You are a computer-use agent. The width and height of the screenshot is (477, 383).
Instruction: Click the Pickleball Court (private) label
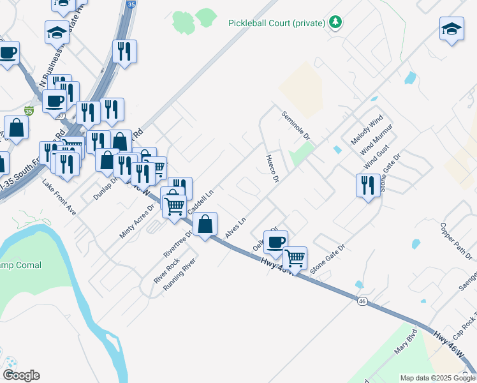[x=277, y=24]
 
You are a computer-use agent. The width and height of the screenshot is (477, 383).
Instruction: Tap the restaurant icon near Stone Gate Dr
[x=367, y=185]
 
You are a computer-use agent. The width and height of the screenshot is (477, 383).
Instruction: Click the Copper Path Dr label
[x=457, y=241]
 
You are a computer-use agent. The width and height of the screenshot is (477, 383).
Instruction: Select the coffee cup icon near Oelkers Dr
[x=275, y=243]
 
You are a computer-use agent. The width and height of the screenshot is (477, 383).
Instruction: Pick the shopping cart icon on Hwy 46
[x=295, y=258]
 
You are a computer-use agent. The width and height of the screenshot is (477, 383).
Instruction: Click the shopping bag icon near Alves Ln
[x=205, y=225]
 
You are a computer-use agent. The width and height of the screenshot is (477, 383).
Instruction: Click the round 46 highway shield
[x=362, y=301]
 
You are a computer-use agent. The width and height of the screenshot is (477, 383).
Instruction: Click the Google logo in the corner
[x=21, y=375]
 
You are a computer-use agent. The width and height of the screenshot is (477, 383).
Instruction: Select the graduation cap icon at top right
[x=451, y=29]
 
